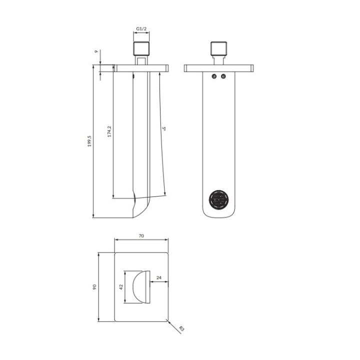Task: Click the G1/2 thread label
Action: (141, 28)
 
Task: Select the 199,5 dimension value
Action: (89, 141)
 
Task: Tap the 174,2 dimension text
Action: (109, 131)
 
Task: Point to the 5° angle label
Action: (163, 128)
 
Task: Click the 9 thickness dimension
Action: (96, 51)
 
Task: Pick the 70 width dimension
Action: (141, 236)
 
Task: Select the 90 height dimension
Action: (94, 287)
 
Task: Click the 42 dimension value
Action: (121, 287)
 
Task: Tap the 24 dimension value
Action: (159, 277)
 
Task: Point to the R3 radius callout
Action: (181, 328)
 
